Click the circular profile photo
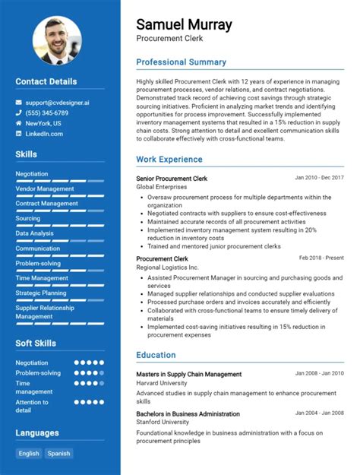point(57,40)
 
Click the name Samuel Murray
point(184,24)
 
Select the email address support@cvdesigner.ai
point(58,102)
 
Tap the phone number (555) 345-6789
point(47,112)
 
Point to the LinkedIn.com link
point(44,134)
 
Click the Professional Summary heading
point(181,62)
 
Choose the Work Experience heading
point(169,160)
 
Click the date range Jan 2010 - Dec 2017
point(319,178)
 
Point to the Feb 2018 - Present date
point(321,258)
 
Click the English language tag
point(29,454)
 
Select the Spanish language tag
point(58,454)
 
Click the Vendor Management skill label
point(45,188)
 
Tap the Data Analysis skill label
point(35,233)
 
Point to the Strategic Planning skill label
point(41,293)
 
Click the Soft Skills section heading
point(36,344)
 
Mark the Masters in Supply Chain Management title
point(188,374)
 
